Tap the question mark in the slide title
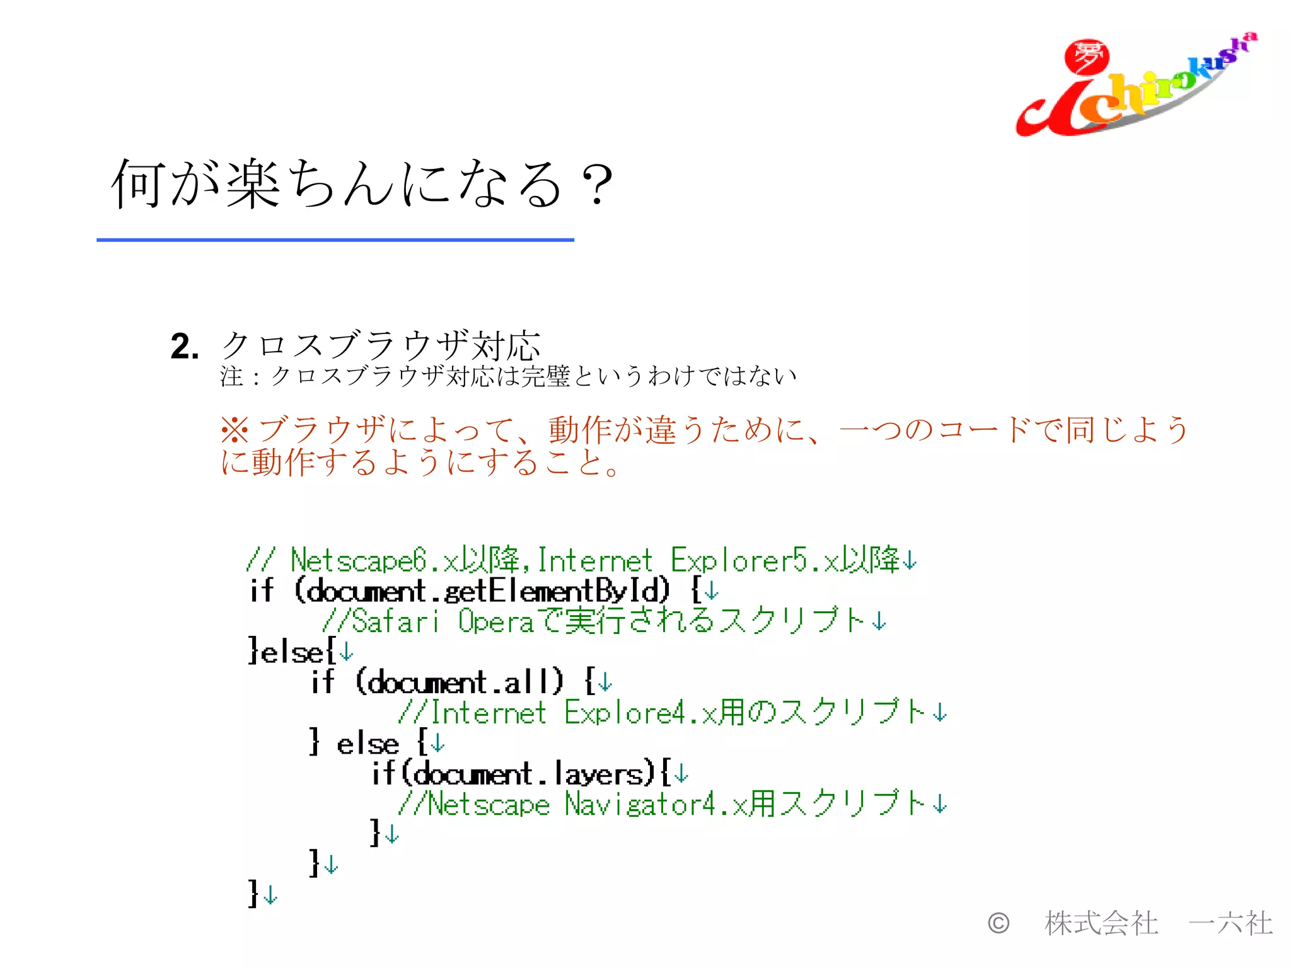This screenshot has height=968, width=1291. tap(596, 184)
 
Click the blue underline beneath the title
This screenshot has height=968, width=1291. tap(335, 240)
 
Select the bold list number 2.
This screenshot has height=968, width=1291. tap(184, 347)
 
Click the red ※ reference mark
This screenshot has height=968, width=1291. tap(235, 430)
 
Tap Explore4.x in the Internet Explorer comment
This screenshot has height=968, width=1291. tap(640, 713)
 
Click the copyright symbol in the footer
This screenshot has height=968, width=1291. tap(998, 923)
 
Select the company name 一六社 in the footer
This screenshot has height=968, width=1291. tap(1230, 923)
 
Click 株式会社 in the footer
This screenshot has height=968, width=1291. tap(1101, 923)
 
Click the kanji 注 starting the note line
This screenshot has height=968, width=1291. tap(231, 377)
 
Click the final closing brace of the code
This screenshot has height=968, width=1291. tap(253, 894)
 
